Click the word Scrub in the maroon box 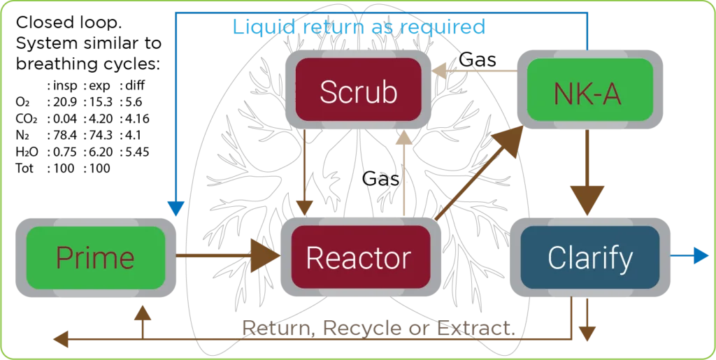pyautogui.click(x=358, y=92)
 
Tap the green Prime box pyautogui.click(x=95, y=258)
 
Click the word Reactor pyautogui.click(x=358, y=258)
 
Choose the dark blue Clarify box pyautogui.click(x=590, y=258)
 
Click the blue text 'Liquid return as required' pyautogui.click(x=358, y=28)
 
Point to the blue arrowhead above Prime pyautogui.click(x=176, y=207)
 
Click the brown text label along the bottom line pyautogui.click(x=378, y=326)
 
